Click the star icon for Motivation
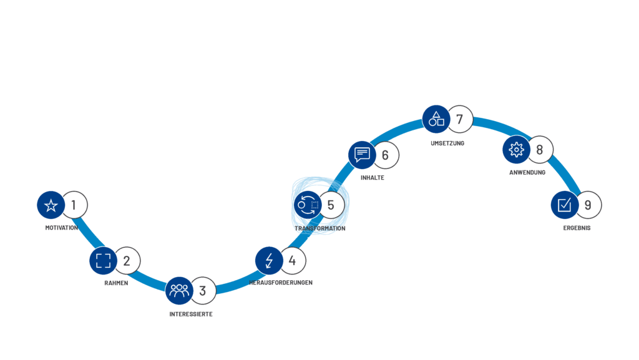click(51, 205)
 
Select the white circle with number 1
click(74, 205)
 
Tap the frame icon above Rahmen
click(104, 261)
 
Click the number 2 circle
click(127, 261)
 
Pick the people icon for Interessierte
click(179, 290)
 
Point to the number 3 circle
click(203, 290)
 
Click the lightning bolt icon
click(270, 261)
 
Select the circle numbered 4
click(293, 261)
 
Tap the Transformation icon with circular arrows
click(308, 205)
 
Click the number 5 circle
click(331, 205)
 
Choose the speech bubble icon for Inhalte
click(362, 154)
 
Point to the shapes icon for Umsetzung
click(437, 119)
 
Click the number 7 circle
click(460, 119)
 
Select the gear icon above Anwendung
click(516, 149)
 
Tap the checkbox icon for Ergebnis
click(565, 205)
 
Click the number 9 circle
click(588, 205)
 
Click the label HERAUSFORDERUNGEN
click(281, 283)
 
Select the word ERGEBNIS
click(576, 228)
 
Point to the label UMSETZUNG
click(447, 143)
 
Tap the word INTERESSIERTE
click(191, 314)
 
